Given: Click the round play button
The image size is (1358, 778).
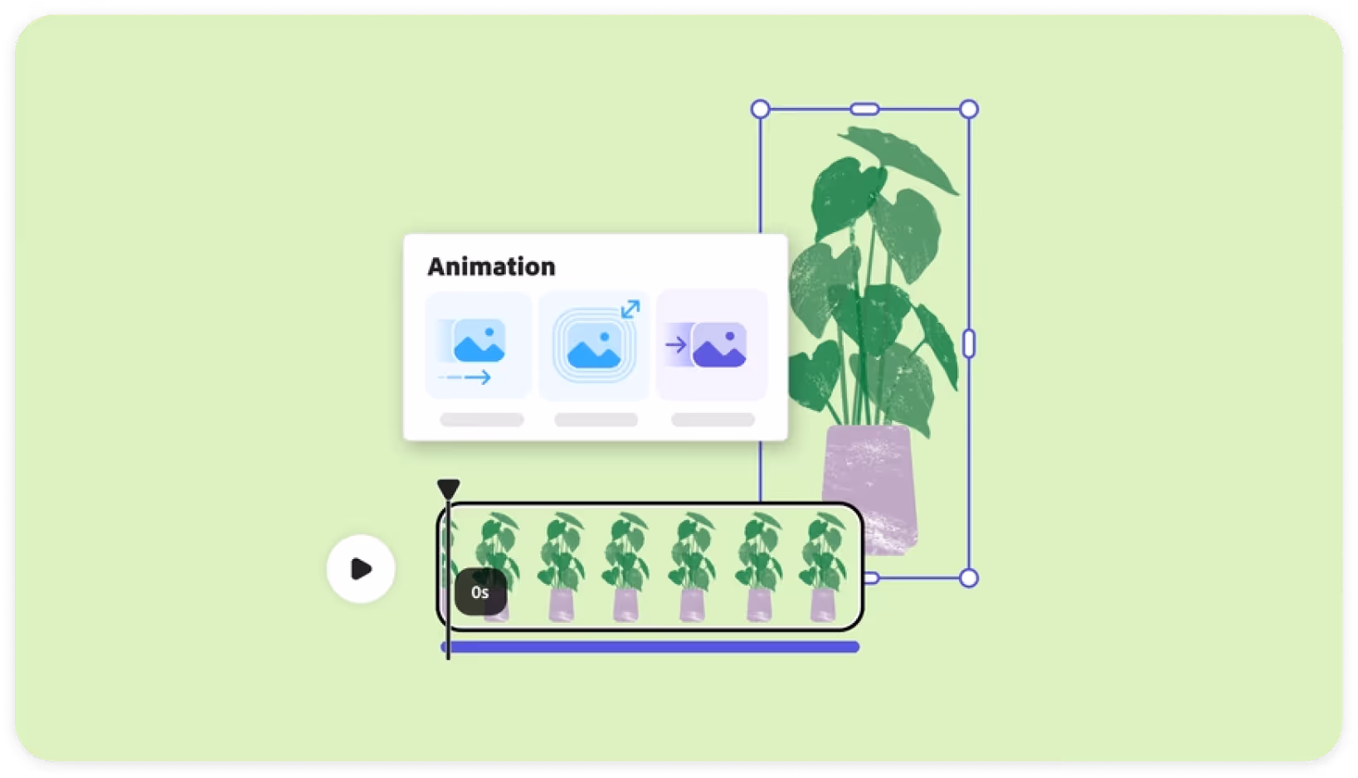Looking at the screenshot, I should click(x=361, y=569).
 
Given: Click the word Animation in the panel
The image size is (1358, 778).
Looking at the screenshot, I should click(x=491, y=266).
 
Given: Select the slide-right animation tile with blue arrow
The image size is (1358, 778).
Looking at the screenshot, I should click(x=478, y=345).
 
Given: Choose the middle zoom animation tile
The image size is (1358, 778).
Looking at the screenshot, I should click(x=594, y=346).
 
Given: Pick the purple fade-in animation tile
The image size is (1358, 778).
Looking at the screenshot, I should click(x=712, y=345).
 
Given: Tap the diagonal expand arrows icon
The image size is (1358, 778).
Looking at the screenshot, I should click(x=630, y=309).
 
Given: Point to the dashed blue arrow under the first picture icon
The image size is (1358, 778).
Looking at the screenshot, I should click(x=465, y=378).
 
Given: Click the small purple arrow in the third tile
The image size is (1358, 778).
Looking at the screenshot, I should click(x=675, y=344).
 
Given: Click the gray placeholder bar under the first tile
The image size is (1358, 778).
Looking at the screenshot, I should click(x=481, y=420).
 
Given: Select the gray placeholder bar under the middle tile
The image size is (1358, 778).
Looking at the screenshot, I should click(x=596, y=420).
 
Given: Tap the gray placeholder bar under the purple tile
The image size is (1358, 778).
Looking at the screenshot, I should click(x=713, y=420).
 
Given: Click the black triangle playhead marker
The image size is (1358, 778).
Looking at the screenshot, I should click(x=448, y=488).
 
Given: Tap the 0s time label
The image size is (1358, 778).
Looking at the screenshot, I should click(x=480, y=592).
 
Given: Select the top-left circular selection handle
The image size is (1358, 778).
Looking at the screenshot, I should click(x=760, y=109).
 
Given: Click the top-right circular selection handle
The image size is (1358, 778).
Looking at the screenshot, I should click(x=968, y=109).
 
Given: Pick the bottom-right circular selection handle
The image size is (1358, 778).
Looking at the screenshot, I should click(x=968, y=578).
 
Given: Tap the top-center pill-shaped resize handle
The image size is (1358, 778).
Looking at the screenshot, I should click(x=864, y=109).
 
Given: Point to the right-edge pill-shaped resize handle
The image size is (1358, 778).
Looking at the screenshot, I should click(x=968, y=343).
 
